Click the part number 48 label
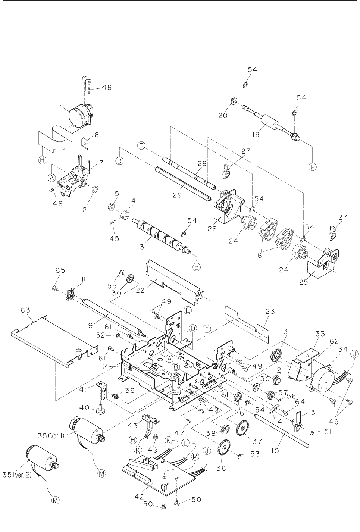pos(107,87)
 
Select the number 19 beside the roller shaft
pos(256,134)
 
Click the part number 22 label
pos(140,290)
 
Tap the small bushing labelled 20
pos(233,102)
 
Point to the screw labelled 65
pos(54,288)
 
